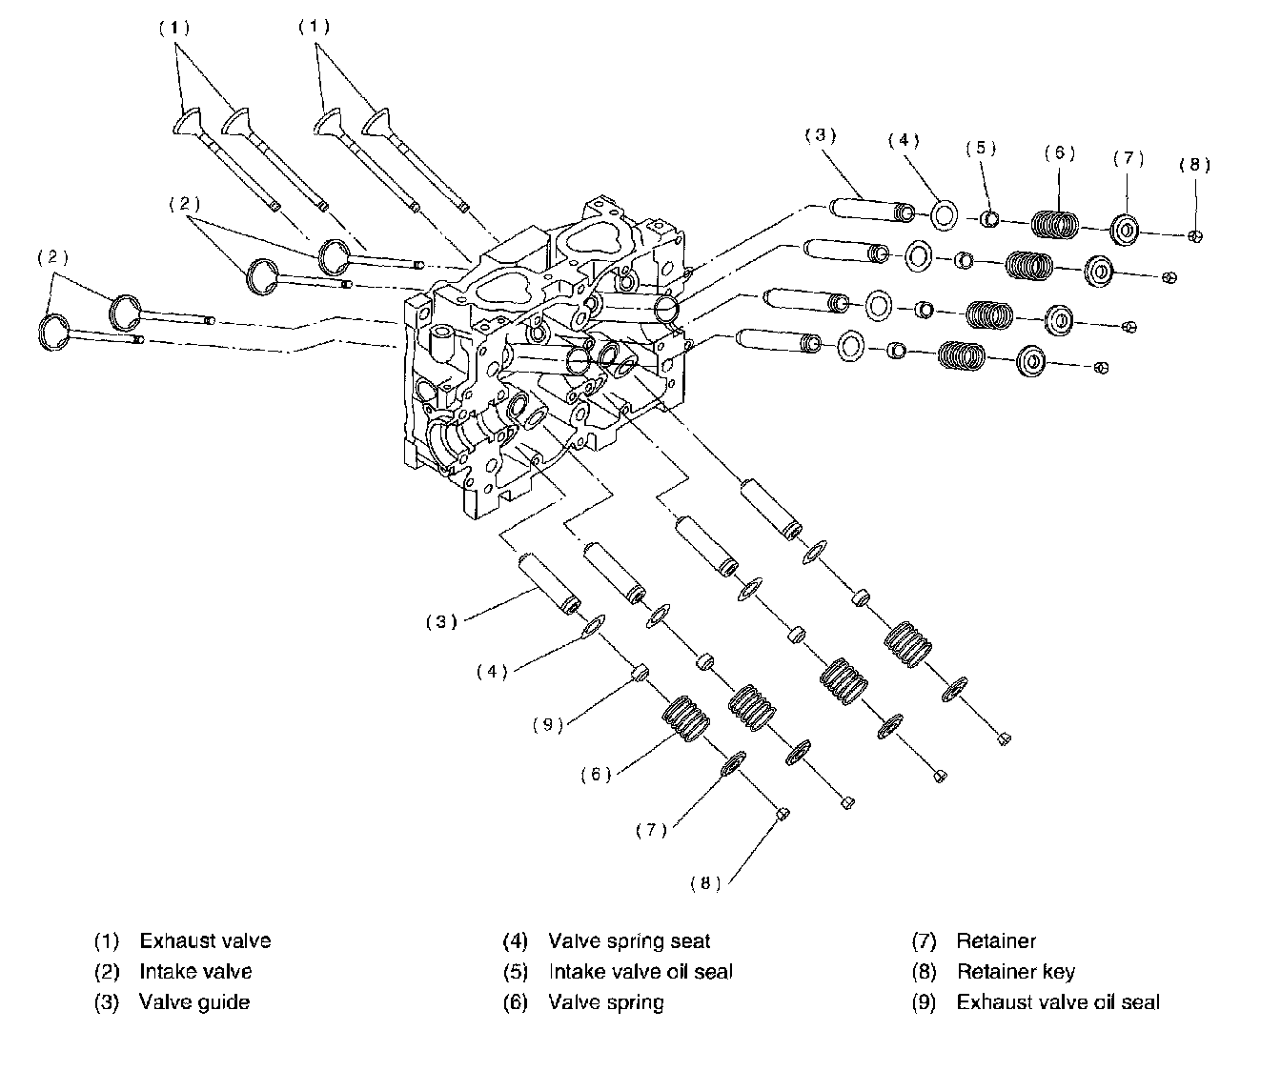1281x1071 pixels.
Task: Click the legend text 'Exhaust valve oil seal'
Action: (1058, 1001)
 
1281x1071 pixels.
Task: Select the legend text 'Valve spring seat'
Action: (629, 941)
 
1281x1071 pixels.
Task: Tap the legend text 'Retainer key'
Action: (1016, 972)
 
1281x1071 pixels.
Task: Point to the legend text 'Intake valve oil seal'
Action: (640, 972)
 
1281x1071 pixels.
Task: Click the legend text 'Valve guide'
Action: (194, 1001)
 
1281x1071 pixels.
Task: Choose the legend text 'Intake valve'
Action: (195, 972)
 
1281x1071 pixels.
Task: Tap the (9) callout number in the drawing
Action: (548, 724)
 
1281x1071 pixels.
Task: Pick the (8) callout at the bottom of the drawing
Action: (705, 883)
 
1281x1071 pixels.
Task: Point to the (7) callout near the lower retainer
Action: (651, 830)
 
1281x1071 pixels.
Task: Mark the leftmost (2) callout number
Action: (53, 257)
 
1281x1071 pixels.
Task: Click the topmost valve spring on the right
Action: (1056, 226)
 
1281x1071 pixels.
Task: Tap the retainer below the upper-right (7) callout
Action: (1126, 231)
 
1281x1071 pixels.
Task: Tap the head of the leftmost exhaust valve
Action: (189, 122)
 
